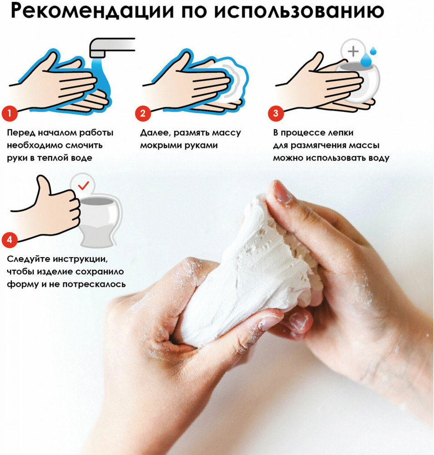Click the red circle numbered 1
pyautogui.click(x=10, y=113)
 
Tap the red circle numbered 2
pyautogui.click(x=143, y=113)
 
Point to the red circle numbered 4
pyautogui.click(x=10, y=240)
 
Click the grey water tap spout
pyautogui.click(x=112, y=47)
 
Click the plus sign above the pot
pyautogui.click(x=353, y=51)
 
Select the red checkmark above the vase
pyautogui.click(x=84, y=185)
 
